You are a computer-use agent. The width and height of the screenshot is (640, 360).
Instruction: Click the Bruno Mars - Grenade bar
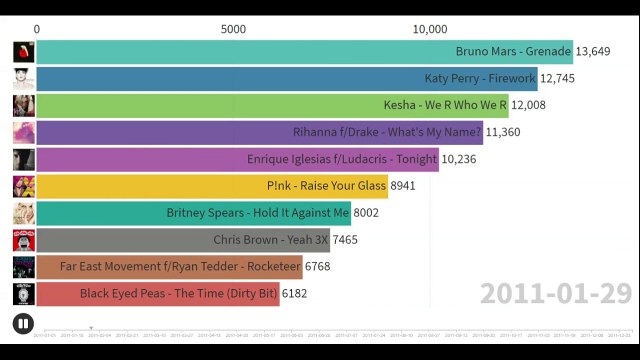tap(300, 51)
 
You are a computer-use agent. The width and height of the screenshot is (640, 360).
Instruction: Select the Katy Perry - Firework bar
tap(285, 78)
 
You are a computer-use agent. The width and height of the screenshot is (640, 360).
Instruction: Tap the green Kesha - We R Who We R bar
tap(270, 105)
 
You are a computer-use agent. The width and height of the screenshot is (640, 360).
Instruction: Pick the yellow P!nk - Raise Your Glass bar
tap(210, 186)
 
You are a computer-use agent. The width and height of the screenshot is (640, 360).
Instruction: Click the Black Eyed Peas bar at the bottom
tap(156, 294)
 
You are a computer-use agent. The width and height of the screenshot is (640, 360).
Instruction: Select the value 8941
tap(403, 186)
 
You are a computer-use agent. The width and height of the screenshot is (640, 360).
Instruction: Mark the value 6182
tap(295, 294)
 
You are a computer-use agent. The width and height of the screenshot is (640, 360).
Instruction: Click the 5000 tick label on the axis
tap(233, 29)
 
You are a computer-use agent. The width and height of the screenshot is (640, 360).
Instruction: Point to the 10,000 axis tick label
tap(429, 29)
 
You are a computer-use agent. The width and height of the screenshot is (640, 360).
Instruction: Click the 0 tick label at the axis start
tap(37, 29)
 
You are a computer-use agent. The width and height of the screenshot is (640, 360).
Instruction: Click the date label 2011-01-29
tap(555, 293)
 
